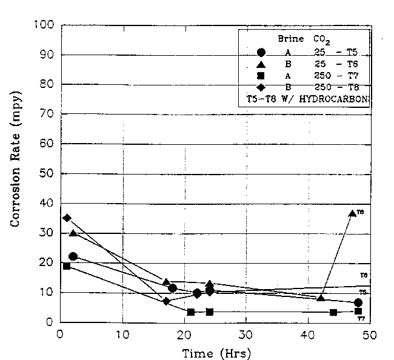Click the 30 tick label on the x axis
point(245,334)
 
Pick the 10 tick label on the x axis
point(122,334)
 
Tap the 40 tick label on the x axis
point(308,334)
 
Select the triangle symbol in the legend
point(261,64)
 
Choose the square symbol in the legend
point(261,76)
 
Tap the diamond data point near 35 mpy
point(67,218)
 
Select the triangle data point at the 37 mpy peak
point(352,213)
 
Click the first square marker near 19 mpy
point(66,265)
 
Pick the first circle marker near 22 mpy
point(73,256)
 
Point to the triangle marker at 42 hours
point(321,298)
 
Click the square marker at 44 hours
point(333,312)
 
